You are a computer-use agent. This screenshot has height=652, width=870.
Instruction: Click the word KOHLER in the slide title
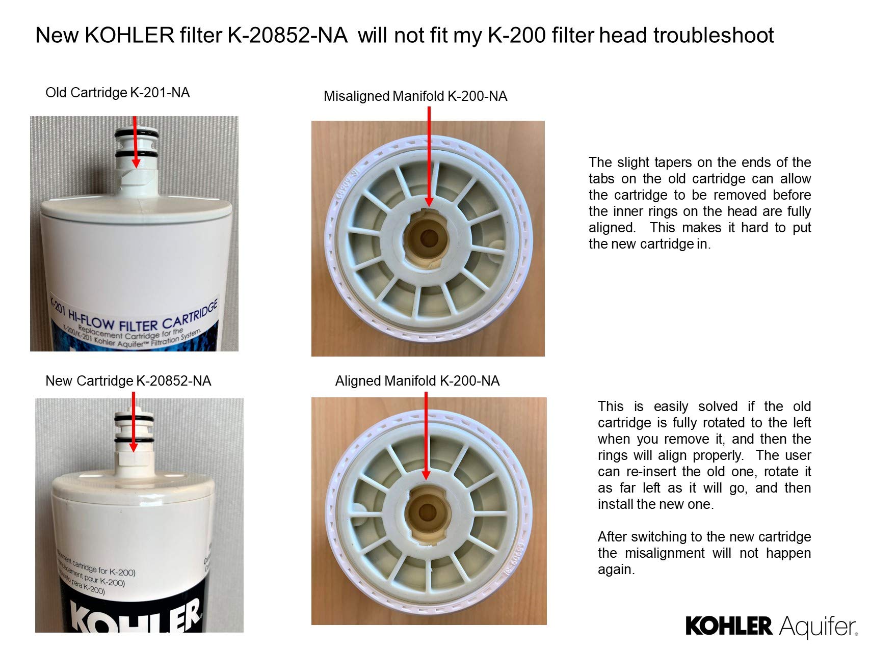point(129,36)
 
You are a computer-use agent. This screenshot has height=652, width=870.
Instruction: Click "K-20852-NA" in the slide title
point(287,36)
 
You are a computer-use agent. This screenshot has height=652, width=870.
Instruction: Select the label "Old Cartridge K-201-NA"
point(117,93)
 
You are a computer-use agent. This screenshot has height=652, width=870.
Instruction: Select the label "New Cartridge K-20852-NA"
point(128,381)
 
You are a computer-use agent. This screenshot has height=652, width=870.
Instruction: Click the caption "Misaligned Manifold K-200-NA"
point(415,96)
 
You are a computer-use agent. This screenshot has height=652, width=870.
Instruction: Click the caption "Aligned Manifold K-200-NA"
point(417,381)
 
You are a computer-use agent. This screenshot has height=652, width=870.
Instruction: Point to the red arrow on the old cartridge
point(135,143)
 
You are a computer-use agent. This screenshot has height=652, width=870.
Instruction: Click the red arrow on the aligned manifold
point(426,438)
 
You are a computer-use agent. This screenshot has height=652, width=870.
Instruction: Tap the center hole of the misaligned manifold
point(429,237)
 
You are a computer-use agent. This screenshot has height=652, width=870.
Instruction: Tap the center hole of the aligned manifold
point(427,512)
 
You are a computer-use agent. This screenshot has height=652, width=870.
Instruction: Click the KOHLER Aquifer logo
point(771,626)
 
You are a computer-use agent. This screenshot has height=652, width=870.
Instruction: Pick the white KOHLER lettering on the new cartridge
point(135,617)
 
